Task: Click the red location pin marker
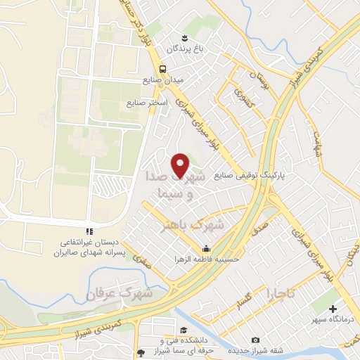click(x=181, y=165)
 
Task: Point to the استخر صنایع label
click(x=148, y=103)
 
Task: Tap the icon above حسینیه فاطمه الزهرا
click(x=206, y=248)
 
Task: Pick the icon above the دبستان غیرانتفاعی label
click(x=89, y=231)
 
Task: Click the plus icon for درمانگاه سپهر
click(x=334, y=308)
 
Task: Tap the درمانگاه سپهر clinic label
click(x=333, y=319)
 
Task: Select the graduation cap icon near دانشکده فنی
click(x=184, y=330)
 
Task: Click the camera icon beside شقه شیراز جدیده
click(x=255, y=340)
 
